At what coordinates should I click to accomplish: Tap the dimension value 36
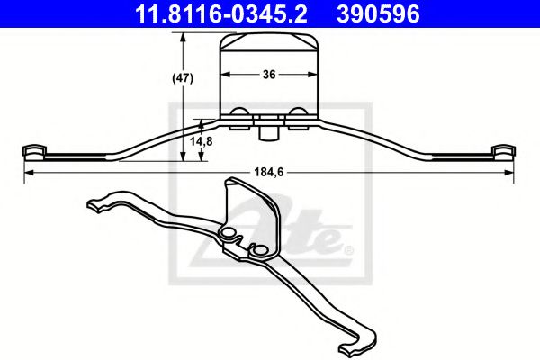click(268, 76)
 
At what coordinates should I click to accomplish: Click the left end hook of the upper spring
click(33, 150)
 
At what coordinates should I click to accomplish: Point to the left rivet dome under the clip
click(240, 112)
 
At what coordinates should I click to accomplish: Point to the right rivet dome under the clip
click(297, 112)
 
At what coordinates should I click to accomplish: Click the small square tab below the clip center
click(267, 132)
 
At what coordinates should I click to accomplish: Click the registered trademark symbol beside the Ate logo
click(349, 248)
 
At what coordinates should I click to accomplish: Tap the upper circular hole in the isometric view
click(229, 236)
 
